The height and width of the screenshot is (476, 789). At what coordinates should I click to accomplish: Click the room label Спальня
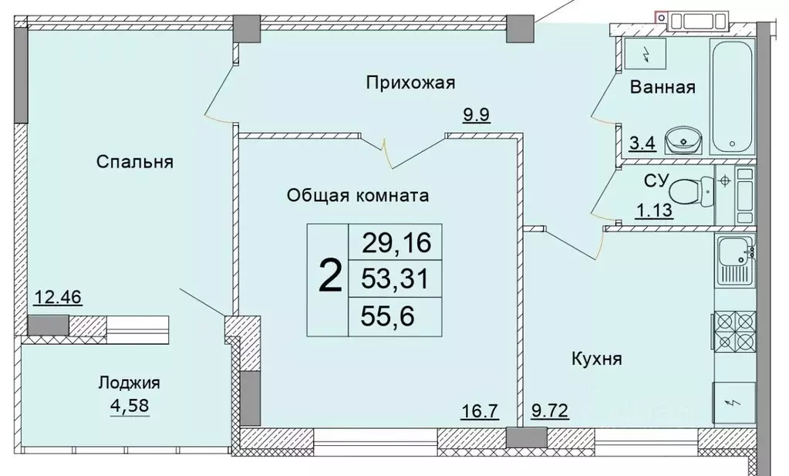tap(135, 161)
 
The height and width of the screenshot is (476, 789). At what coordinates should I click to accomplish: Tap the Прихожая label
tap(410, 82)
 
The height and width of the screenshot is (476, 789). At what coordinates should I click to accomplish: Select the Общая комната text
tap(357, 195)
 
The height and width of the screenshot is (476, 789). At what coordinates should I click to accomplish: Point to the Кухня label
tap(596, 358)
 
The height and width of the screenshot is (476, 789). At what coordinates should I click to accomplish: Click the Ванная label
tap(663, 87)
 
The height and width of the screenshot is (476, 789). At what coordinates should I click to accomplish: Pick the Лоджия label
tap(129, 383)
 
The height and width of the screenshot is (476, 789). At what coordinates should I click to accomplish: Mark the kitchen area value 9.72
tap(549, 410)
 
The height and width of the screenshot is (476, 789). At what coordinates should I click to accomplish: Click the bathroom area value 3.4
tap(642, 143)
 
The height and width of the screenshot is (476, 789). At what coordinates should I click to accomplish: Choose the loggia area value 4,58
tap(128, 405)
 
